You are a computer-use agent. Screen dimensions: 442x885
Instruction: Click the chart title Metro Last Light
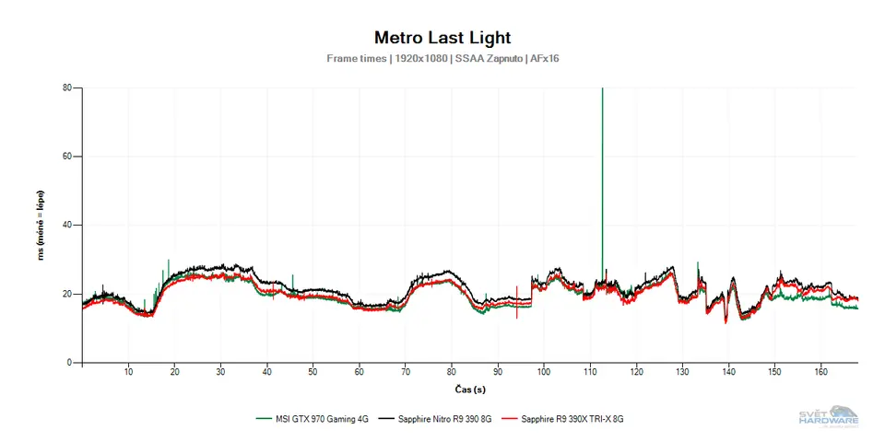pyautogui.click(x=442, y=38)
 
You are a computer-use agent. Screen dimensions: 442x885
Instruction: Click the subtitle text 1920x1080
pyautogui.click(x=421, y=59)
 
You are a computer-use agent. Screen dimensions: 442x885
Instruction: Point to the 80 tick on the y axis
pyautogui.click(x=67, y=88)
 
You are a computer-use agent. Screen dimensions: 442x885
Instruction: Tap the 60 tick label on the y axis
pyautogui.click(x=67, y=157)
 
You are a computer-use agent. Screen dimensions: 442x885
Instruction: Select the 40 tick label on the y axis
pyautogui.click(x=67, y=226)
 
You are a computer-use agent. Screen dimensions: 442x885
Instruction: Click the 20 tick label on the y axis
pyautogui.click(x=67, y=294)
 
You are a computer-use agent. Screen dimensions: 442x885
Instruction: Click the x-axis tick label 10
pyautogui.click(x=128, y=372)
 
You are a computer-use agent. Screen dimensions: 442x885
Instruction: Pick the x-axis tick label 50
pyautogui.click(x=313, y=372)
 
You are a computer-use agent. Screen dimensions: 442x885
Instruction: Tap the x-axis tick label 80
pyautogui.click(x=451, y=372)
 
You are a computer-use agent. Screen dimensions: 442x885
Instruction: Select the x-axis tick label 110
pyautogui.click(x=590, y=372)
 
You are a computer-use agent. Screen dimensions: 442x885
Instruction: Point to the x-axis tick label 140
pyautogui.click(x=728, y=372)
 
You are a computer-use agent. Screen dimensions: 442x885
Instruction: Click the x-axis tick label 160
pyautogui.click(x=820, y=372)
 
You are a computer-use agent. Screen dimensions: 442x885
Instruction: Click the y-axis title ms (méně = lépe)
pyautogui.click(x=41, y=226)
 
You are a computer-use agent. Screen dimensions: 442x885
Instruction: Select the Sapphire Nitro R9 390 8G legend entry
pyautogui.click(x=443, y=418)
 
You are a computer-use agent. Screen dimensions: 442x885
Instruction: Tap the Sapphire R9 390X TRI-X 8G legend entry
pyautogui.click(x=572, y=418)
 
